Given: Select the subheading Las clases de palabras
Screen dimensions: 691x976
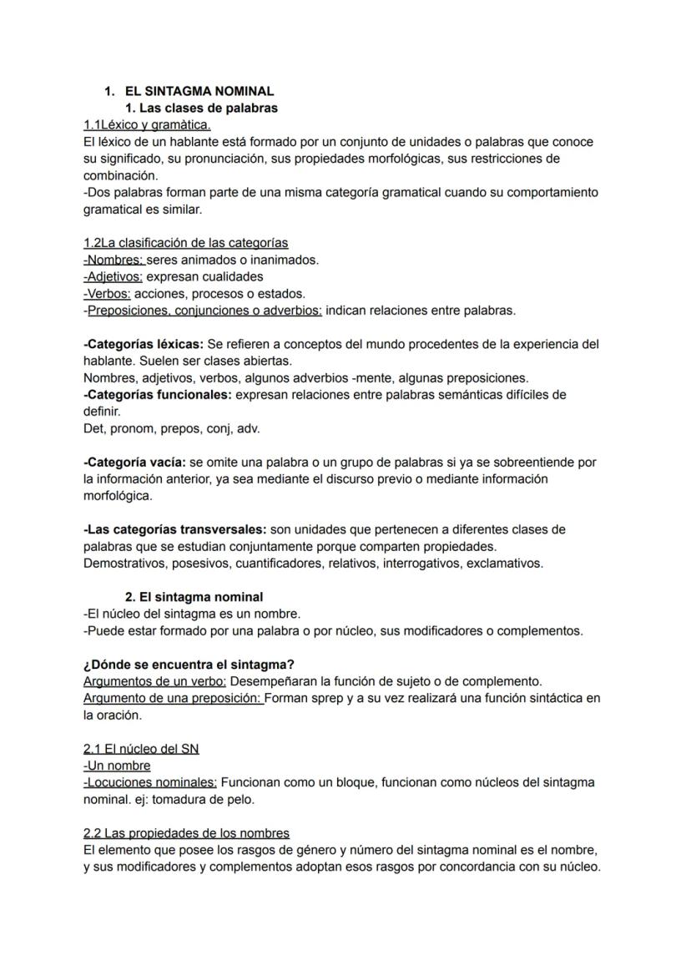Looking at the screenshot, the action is point(201,108).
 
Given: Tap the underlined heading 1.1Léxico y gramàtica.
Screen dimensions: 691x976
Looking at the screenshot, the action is point(147,124).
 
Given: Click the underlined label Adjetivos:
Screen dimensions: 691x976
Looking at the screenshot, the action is point(113,276).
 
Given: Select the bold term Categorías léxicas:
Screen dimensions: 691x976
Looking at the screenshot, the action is point(144,344).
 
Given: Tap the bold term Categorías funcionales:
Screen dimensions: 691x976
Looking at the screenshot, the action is point(158,394).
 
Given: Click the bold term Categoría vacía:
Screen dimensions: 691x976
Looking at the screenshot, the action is point(135,462).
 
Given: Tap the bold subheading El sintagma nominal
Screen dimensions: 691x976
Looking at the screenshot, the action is point(194,597).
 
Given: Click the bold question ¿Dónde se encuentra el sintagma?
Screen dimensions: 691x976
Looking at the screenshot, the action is point(189,665).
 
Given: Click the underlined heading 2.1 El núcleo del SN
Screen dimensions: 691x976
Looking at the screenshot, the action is point(141,749).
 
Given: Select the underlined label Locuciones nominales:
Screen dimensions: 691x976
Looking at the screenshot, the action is point(150,782).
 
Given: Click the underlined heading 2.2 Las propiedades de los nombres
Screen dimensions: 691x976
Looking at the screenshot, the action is point(186,833).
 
